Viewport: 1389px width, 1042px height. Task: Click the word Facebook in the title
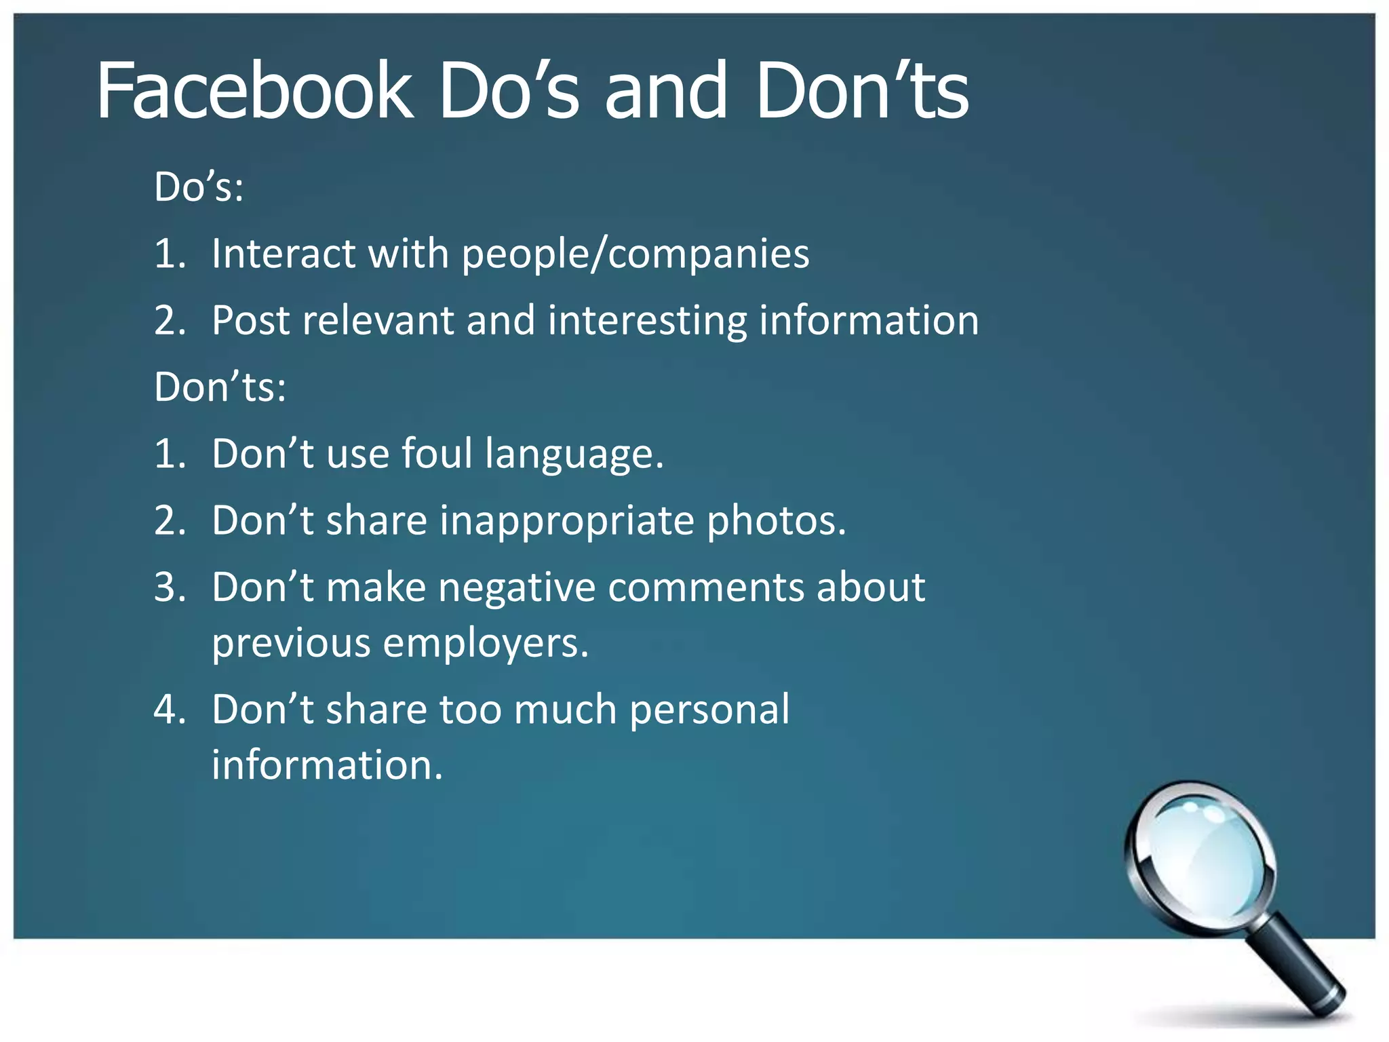coord(254,91)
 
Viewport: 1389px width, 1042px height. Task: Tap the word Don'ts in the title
coord(861,91)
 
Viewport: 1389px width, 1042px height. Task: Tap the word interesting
coord(647,320)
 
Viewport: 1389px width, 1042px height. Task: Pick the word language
coord(574,455)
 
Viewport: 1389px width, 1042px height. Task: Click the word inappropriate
coord(567,521)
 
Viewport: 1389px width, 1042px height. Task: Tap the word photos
coord(777,521)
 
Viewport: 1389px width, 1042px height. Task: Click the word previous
coord(291,643)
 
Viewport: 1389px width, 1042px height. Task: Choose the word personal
coord(709,710)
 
